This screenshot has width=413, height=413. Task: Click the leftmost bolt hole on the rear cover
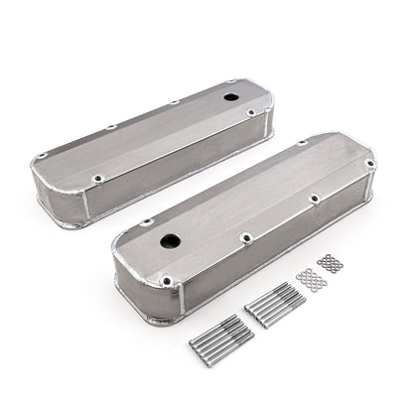point(44,156)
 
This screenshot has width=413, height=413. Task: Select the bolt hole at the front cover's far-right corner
point(369,164)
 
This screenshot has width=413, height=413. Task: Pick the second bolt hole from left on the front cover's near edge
point(247,238)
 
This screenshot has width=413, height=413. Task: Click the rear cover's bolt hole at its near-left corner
point(98,179)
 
